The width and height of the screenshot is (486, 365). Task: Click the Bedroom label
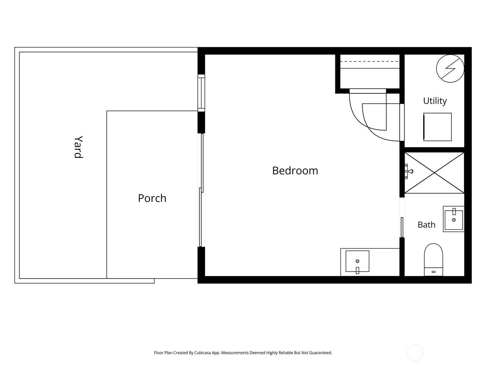click(295, 171)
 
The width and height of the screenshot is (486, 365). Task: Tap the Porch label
click(152, 198)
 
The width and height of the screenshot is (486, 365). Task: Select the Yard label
click(78, 147)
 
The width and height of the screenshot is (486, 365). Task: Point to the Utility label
click(435, 101)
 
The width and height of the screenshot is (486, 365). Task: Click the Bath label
click(426, 225)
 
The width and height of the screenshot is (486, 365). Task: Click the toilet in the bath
click(433, 260)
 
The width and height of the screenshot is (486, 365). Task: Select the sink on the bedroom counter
click(357, 261)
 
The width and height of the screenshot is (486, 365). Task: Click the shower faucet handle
click(409, 171)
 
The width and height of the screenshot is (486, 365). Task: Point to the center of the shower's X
click(434, 173)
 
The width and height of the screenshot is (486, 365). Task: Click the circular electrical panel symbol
click(450, 68)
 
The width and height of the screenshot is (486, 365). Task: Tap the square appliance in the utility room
click(437, 127)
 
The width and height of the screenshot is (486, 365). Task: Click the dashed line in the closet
click(369, 61)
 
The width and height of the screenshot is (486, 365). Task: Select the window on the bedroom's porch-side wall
click(201, 93)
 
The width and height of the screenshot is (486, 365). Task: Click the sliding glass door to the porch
click(201, 190)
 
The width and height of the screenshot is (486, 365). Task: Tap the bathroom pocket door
click(402, 227)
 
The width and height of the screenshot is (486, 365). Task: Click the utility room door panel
click(402, 122)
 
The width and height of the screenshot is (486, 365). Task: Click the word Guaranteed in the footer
click(320, 353)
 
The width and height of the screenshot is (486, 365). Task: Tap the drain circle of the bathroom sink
click(454, 220)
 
